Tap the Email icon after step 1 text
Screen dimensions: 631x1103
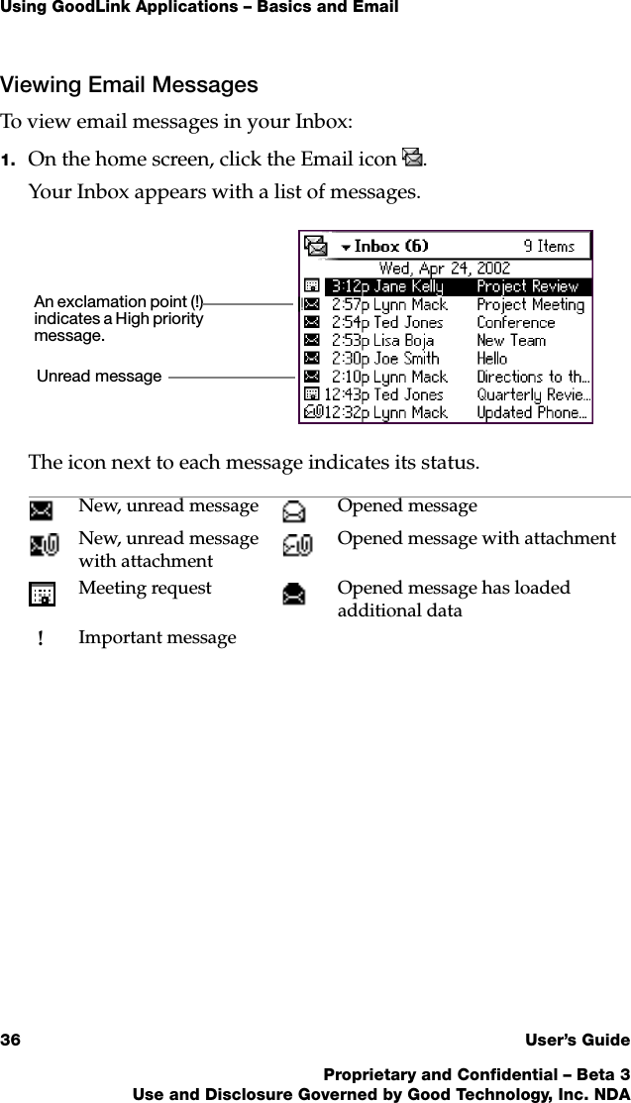[412, 157]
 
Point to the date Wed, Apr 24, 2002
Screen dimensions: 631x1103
[445, 268]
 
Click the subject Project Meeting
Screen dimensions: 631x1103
[530, 304]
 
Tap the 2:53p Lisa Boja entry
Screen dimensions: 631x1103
[381, 340]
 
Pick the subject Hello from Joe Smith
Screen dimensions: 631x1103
[491, 358]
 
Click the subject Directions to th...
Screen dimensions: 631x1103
[533, 377]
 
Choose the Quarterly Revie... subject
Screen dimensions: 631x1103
[533, 394]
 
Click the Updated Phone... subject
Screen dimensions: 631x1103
[533, 412]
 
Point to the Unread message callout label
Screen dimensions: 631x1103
[99, 377]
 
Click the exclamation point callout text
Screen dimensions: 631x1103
[119, 318]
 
